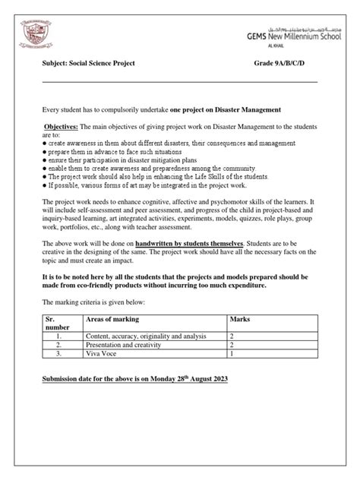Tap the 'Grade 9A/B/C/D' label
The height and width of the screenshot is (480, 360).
tap(286, 65)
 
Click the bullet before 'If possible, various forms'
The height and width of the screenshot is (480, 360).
tap(44, 185)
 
